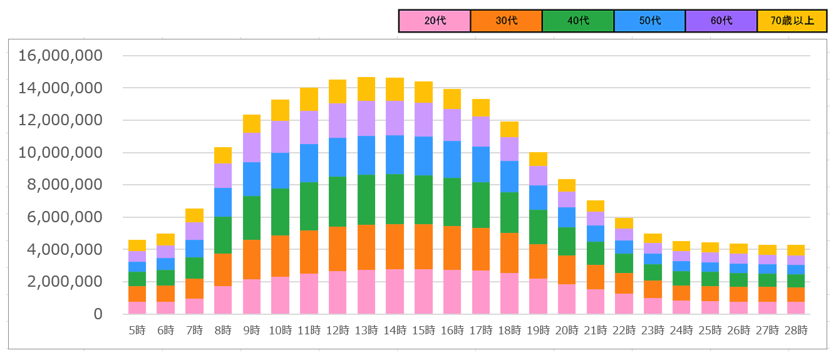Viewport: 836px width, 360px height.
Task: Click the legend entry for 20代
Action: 435,21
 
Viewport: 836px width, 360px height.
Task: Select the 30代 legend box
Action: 506,21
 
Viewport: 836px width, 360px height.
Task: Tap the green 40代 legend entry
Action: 578,21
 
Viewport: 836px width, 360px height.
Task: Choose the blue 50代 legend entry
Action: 649,21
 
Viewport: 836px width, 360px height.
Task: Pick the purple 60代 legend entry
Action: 721,21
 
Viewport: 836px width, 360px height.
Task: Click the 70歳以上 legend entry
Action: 792,21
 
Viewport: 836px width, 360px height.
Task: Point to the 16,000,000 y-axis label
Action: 60,56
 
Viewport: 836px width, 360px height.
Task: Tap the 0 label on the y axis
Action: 97,314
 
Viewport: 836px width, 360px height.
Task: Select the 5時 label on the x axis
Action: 137,330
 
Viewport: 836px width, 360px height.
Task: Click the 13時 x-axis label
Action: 366,330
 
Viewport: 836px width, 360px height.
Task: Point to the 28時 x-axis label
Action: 796,330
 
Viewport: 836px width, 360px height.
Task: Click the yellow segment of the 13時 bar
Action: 366,89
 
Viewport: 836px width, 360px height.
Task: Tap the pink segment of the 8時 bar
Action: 223,300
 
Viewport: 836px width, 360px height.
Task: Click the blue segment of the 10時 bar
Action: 280,171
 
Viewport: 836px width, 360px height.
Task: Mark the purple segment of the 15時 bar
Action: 424,120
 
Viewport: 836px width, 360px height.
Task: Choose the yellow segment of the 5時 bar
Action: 137,245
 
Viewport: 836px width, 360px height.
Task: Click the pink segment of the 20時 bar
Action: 567,299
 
